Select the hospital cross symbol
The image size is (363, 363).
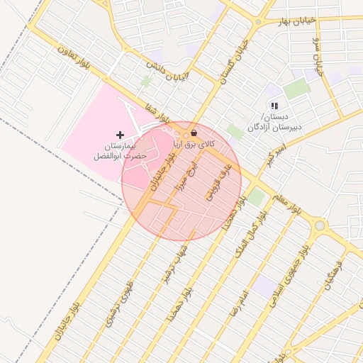pyautogui.click(x=120, y=135)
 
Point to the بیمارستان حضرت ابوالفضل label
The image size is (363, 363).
pyautogui.click(x=119, y=150)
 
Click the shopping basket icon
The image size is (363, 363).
pyautogui.click(x=194, y=133)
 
